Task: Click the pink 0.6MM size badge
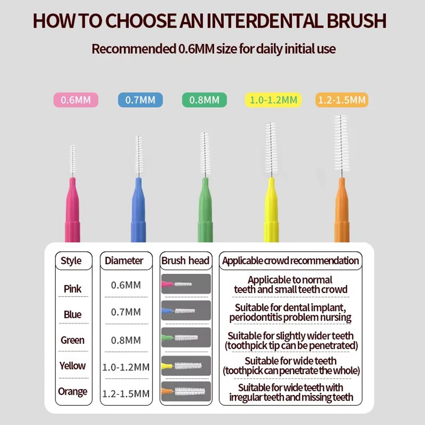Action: coord(76,100)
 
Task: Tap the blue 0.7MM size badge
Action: coord(140,100)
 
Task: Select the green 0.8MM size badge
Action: coord(204,100)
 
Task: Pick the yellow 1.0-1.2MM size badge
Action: coord(273,100)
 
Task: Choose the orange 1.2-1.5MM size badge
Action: coord(342,100)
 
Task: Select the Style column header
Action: coord(71,261)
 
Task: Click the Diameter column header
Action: coord(124,261)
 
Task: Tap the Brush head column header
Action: coord(185,261)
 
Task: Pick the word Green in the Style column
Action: coord(72,340)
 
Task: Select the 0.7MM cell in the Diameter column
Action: coord(126,312)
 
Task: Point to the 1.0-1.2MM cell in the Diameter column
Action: coord(126,367)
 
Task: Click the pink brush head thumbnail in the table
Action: coord(186,284)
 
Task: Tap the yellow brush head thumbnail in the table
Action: coord(186,366)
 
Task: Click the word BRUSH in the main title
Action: coord(357,21)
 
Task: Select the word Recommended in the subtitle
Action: coord(134,49)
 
